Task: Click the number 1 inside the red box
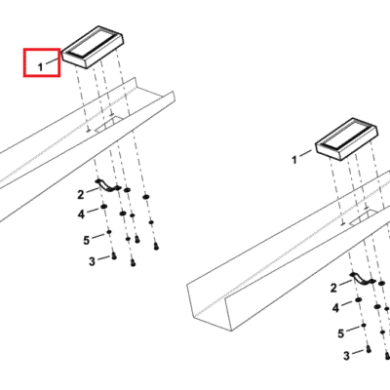pyautogui.click(x=40, y=67)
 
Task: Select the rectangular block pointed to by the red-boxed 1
pyautogui.click(x=93, y=47)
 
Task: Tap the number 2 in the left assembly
pyautogui.click(x=81, y=195)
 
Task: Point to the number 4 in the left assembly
pyautogui.click(x=81, y=214)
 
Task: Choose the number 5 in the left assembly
pyautogui.click(x=86, y=241)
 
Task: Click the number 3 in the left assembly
pyautogui.click(x=92, y=261)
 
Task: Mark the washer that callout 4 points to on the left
pyautogui.click(x=104, y=207)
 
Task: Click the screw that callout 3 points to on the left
pyautogui.click(x=114, y=256)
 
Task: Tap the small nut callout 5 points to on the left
pyautogui.click(x=109, y=232)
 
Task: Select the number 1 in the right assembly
pyautogui.click(x=294, y=160)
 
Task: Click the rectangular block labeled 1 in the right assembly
pyautogui.click(x=347, y=139)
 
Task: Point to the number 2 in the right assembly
pyautogui.click(x=333, y=288)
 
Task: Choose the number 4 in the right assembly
pyautogui.click(x=335, y=308)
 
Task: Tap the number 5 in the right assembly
pyautogui.click(x=340, y=333)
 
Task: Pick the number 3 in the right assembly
pyautogui.click(x=346, y=356)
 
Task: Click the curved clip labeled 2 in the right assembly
pyautogui.click(x=363, y=279)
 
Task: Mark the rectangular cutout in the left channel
pyautogui.click(x=109, y=125)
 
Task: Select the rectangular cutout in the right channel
pyautogui.click(x=364, y=217)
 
